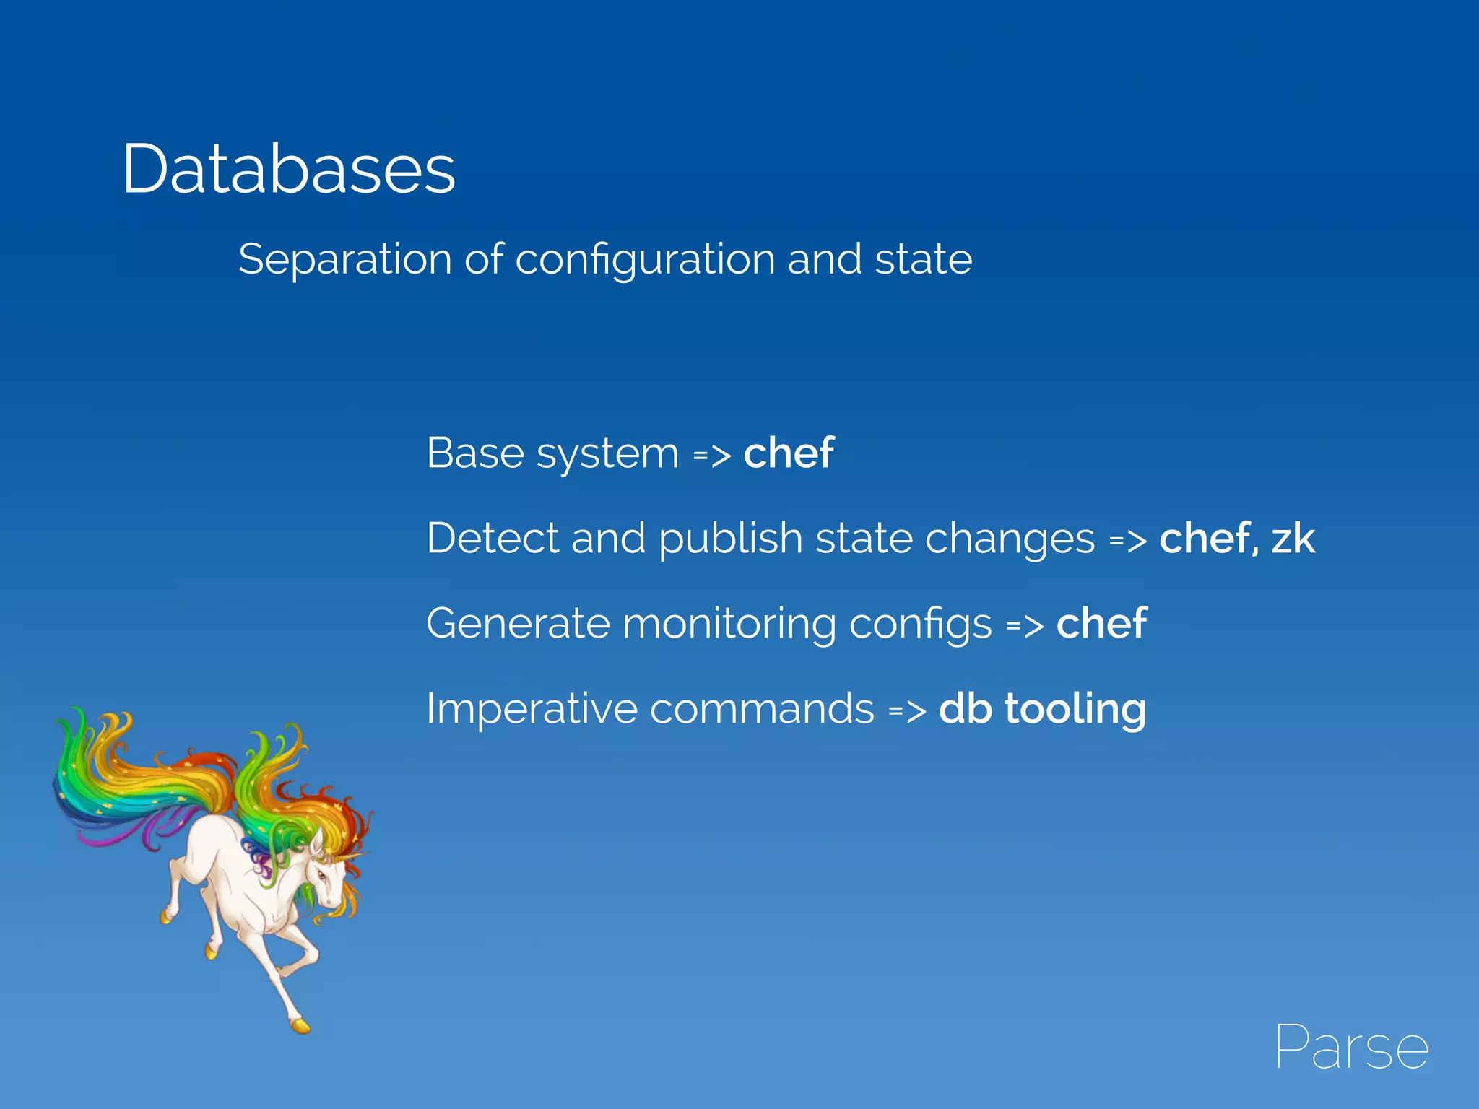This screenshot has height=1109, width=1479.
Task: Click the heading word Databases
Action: [x=289, y=170]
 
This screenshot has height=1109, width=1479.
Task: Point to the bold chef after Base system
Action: [x=789, y=453]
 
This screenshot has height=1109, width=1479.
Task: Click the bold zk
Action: [x=1293, y=539]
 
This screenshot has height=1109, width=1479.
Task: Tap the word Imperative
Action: [x=532, y=710]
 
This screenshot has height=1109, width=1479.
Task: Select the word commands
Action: [x=762, y=709]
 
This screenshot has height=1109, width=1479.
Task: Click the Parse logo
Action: [x=1351, y=1046]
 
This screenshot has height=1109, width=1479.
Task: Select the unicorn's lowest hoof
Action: [x=299, y=1025]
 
